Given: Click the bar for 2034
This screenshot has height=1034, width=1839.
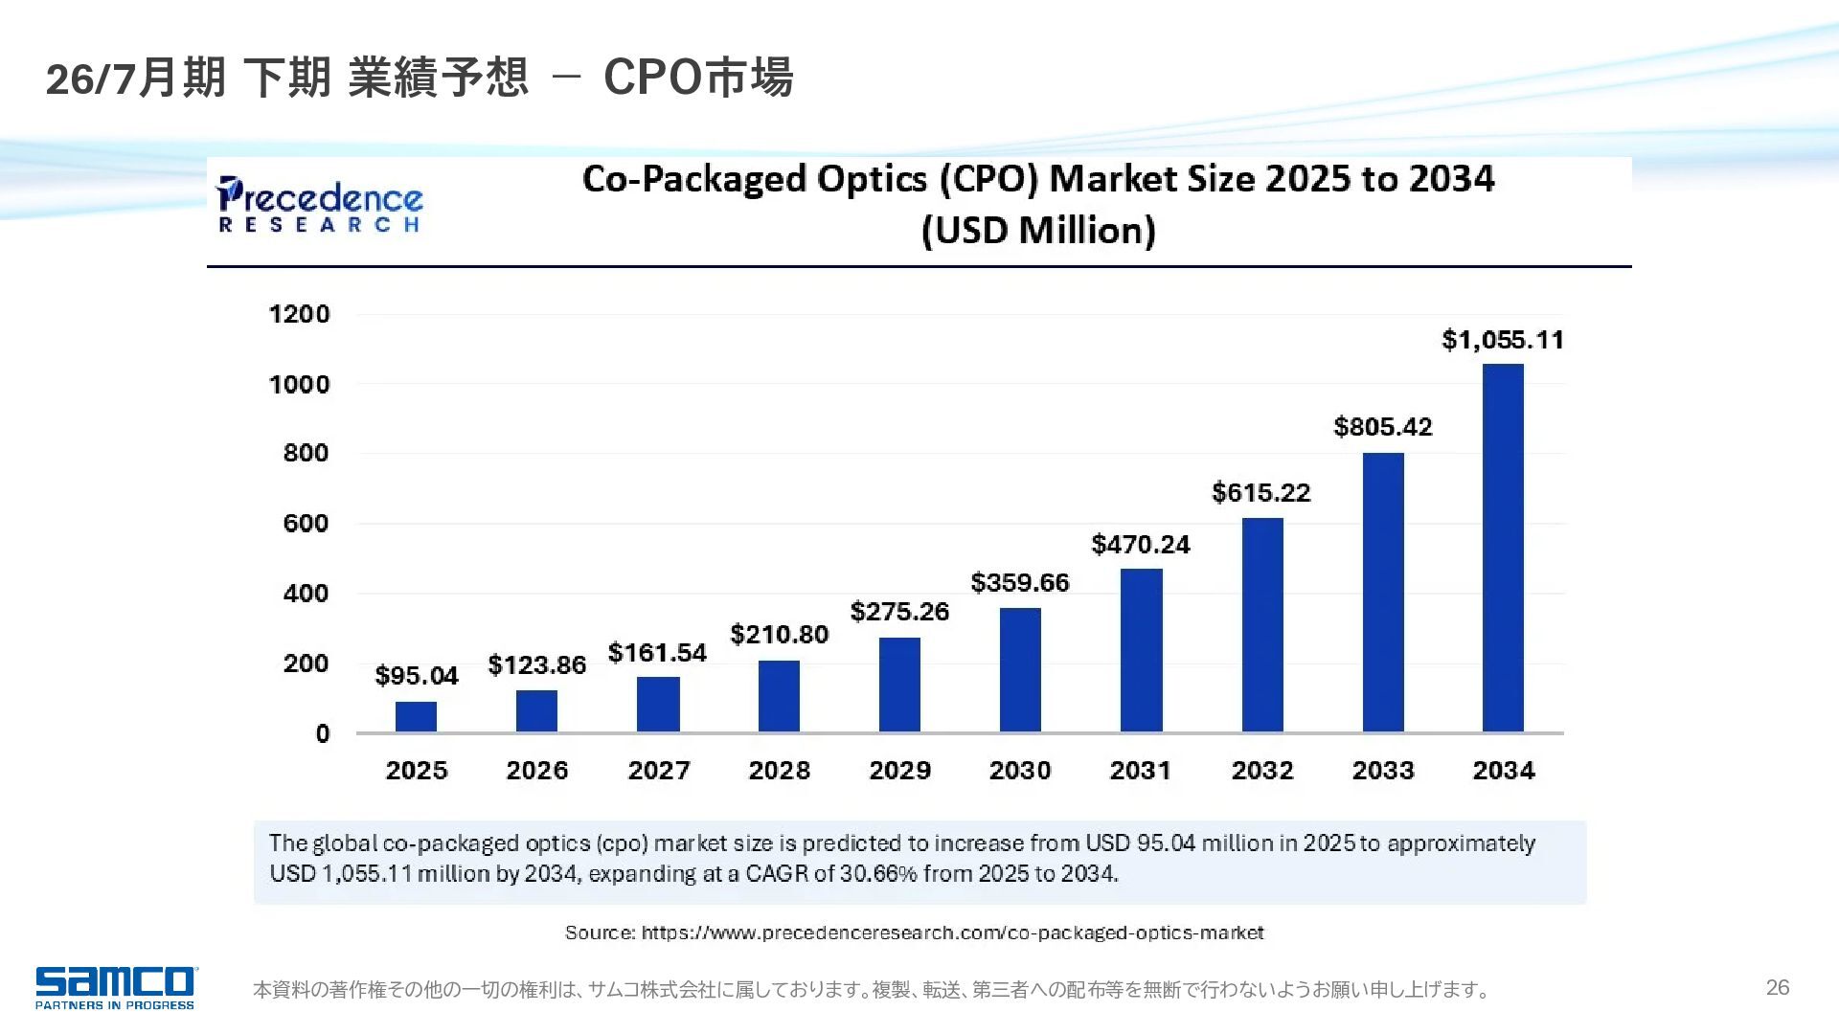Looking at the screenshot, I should point(1503,548).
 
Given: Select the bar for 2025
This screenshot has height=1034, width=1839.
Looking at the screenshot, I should point(416,717).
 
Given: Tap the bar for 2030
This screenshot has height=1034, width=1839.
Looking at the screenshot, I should point(1020,670).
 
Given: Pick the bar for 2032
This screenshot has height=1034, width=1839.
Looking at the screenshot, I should point(1262,625).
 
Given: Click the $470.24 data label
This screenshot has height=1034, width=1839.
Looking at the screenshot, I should point(1141,545).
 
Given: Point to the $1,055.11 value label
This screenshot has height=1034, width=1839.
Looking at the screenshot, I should point(1503,340).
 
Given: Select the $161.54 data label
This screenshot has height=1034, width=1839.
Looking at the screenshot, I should point(657,653).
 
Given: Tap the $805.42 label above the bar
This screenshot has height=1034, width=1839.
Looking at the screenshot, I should point(1383,427).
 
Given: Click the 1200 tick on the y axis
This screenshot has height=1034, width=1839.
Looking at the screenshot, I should point(299,314).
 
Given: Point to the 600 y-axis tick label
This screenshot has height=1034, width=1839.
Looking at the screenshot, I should point(306,524).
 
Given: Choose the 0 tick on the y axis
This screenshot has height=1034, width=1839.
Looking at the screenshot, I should point(322,734).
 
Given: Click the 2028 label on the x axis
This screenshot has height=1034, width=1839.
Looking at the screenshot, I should point(779,771).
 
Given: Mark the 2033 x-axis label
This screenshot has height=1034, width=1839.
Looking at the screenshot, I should point(1383,771).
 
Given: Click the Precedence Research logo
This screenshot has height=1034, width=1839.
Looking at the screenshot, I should point(320,204).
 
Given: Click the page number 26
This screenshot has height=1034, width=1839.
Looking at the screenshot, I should point(1778,988).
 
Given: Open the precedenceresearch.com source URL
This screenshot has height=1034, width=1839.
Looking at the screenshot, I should point(952,933).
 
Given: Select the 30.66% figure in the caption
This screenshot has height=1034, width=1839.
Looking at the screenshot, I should point(878,874).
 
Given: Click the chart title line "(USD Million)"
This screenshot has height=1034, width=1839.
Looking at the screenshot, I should point(1038,231).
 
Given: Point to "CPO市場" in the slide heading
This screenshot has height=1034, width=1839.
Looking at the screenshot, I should point(698,78).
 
